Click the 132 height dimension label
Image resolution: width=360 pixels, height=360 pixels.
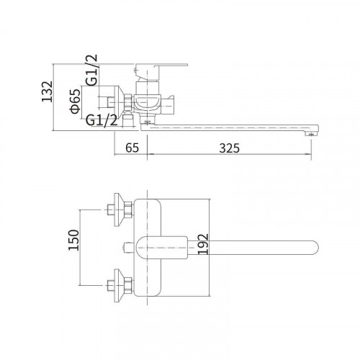48,91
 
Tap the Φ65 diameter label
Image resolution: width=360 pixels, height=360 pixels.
75,102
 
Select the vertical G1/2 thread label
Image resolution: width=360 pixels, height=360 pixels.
92,70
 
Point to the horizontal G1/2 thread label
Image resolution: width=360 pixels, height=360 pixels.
102,120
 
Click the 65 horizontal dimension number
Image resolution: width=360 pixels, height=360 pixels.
132,148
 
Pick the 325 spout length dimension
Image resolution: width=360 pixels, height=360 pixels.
230,148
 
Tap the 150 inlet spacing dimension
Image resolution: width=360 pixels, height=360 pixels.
73,240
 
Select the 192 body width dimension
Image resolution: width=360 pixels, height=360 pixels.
203,244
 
